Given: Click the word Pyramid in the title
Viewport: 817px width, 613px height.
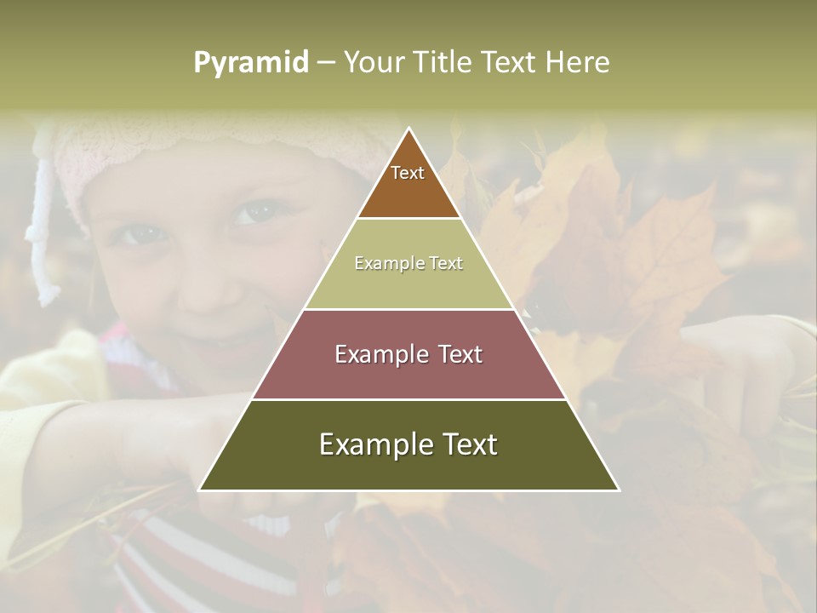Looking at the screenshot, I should [251, 63].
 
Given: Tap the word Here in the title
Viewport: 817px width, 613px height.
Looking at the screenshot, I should [577, 62].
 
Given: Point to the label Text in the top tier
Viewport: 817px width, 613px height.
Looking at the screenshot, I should [408, 173].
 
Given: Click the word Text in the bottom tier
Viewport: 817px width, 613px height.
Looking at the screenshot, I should [466, 444].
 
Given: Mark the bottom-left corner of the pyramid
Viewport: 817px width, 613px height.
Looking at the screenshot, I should [200, 490].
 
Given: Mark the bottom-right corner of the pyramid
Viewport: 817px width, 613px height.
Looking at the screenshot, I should [619, 490].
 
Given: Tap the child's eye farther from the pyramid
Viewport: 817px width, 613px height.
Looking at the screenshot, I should [142, 232].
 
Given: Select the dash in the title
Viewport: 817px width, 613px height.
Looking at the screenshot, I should [325, 63].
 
